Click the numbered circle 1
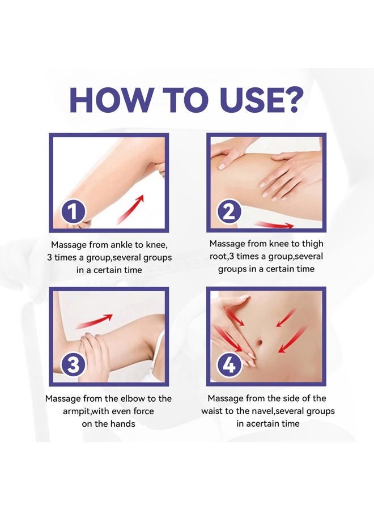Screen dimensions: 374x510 (74, 211)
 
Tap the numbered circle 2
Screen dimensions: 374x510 (229, 211)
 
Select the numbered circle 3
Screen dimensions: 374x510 (74, 365)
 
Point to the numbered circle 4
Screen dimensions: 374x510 (229, 365)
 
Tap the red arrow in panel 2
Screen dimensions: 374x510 (274, 224)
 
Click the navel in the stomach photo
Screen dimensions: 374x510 (260, 342)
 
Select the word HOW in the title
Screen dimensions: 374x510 (109, 99)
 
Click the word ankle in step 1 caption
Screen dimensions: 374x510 (122, 245)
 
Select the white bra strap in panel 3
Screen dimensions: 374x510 (155, 358)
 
